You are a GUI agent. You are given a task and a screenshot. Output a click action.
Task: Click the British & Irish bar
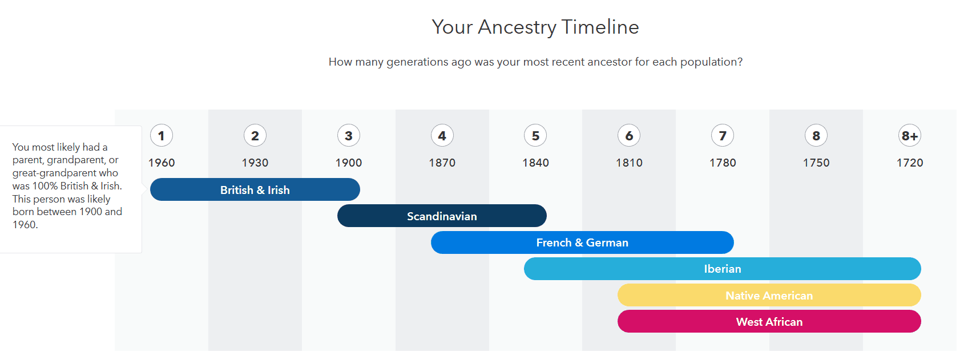[x=255, y=189]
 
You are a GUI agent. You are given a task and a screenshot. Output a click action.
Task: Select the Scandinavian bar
[x=442, y=216]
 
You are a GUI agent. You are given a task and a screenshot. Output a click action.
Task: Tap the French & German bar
[x=582, y=242]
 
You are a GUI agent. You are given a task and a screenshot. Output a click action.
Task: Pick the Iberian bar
[x=723, y=269]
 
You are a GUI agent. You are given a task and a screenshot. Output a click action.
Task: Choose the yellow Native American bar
[x=769, y=296]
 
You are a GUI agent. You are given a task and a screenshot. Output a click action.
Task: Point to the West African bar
[x=769, y=321]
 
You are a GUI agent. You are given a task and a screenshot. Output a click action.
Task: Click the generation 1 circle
[x=162, y=136]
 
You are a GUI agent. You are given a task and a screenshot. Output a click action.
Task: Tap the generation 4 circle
[x=442, y=136]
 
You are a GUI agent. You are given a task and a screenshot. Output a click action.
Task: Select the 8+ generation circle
[x=910, y=136]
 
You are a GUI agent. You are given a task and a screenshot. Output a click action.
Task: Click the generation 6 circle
[x=629, y=136]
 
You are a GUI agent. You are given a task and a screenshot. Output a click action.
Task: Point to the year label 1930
[x=255, y=163]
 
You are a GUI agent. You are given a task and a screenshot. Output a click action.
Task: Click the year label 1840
[x=535, y=163]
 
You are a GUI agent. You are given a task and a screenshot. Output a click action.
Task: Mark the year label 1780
[x=723, y=163]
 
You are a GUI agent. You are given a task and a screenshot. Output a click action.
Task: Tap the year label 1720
[x=910, y=163]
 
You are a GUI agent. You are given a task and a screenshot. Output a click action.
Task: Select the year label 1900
[x=348, y=163]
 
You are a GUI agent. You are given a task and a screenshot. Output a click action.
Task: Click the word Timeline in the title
[x=600, y=27]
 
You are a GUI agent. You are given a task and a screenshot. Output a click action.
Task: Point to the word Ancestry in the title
[x=517, y=28]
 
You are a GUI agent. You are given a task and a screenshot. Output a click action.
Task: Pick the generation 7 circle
[x=723, y=136]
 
